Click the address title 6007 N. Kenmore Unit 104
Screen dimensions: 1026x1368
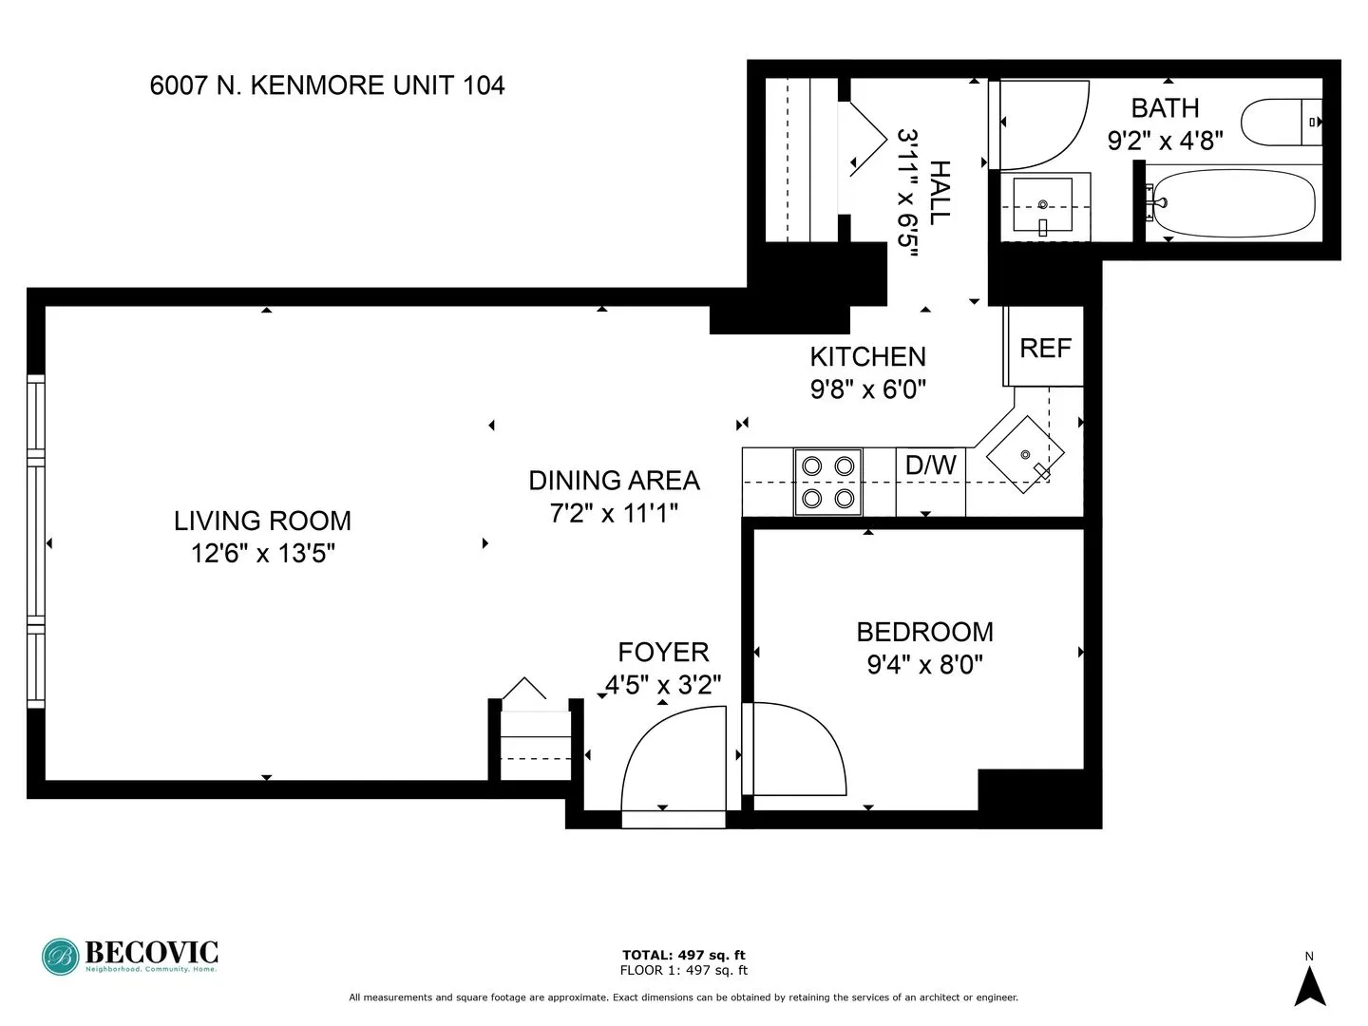pos(327,85)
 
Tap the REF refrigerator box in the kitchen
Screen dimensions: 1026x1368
pos(1044,348)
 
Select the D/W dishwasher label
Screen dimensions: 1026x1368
pos(930,465)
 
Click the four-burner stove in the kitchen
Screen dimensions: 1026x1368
pos(827,482)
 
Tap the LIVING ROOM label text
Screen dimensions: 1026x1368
pos(262,521)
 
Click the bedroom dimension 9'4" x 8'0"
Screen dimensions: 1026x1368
pos(924,664)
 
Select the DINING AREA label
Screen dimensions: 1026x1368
pos(614,481)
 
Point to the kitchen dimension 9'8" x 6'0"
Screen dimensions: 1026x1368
pos(867,389)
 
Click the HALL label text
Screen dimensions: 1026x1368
pos(938,193)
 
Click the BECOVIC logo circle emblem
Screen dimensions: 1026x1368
pos(61,957)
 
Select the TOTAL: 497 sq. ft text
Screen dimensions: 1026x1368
pos(683,955)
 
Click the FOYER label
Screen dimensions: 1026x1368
pos(663,653)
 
